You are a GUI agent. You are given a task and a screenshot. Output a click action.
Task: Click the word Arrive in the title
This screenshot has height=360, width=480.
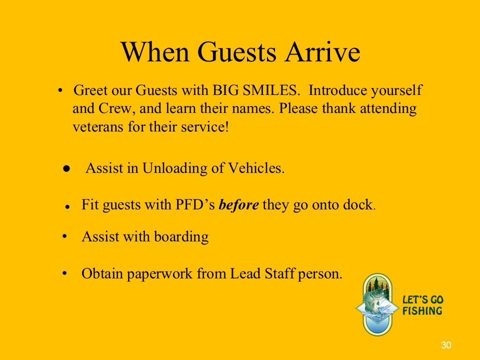322,52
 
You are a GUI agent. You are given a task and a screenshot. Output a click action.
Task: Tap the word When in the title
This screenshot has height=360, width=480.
155,52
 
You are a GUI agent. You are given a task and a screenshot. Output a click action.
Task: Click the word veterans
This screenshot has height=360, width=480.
97,126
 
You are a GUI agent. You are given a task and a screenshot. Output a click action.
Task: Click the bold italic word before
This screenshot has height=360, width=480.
239,204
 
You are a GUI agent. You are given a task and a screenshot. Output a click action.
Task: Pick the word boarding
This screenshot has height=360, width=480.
181,237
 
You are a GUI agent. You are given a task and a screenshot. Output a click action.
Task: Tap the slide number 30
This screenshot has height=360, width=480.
446,345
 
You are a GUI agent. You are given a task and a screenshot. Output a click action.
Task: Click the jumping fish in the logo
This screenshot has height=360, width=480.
376,302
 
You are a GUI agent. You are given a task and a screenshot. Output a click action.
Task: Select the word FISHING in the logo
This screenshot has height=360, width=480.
422,311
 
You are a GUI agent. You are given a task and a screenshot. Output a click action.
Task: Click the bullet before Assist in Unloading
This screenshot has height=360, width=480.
66,168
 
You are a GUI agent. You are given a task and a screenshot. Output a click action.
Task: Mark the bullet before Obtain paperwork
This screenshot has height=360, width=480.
64,273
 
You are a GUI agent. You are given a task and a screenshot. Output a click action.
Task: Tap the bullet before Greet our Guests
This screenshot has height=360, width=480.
60,90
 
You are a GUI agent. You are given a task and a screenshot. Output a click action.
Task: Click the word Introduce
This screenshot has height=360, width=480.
338,90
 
